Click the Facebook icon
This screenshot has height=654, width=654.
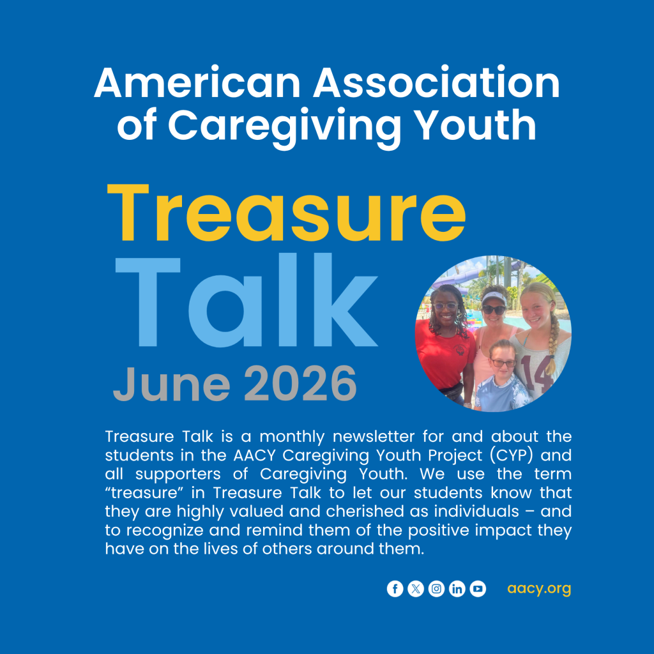[x=395, y=588]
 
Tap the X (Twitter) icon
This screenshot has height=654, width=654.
[x=415, y=588]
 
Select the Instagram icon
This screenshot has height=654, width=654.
[x=436, y=588]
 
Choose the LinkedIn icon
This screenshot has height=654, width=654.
[x=457, y=588]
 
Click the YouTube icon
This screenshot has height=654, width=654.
[x=478, y=588]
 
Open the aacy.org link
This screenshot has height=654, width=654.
[x=539, y=589]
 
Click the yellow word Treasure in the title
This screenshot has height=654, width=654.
[x=287, y=213]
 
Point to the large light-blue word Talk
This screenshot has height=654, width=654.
[x=246, y=300]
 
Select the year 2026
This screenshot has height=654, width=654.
[x=300, y=384]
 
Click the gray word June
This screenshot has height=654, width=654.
[x=171, y=384]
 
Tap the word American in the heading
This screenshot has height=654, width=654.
[x=197, y=82]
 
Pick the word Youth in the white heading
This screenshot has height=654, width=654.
[x=475, y=125]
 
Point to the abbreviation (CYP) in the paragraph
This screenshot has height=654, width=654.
[x=512, y=455]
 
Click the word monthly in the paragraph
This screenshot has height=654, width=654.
[x=292, y=437]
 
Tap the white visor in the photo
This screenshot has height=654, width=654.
[x=494, y=298]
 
